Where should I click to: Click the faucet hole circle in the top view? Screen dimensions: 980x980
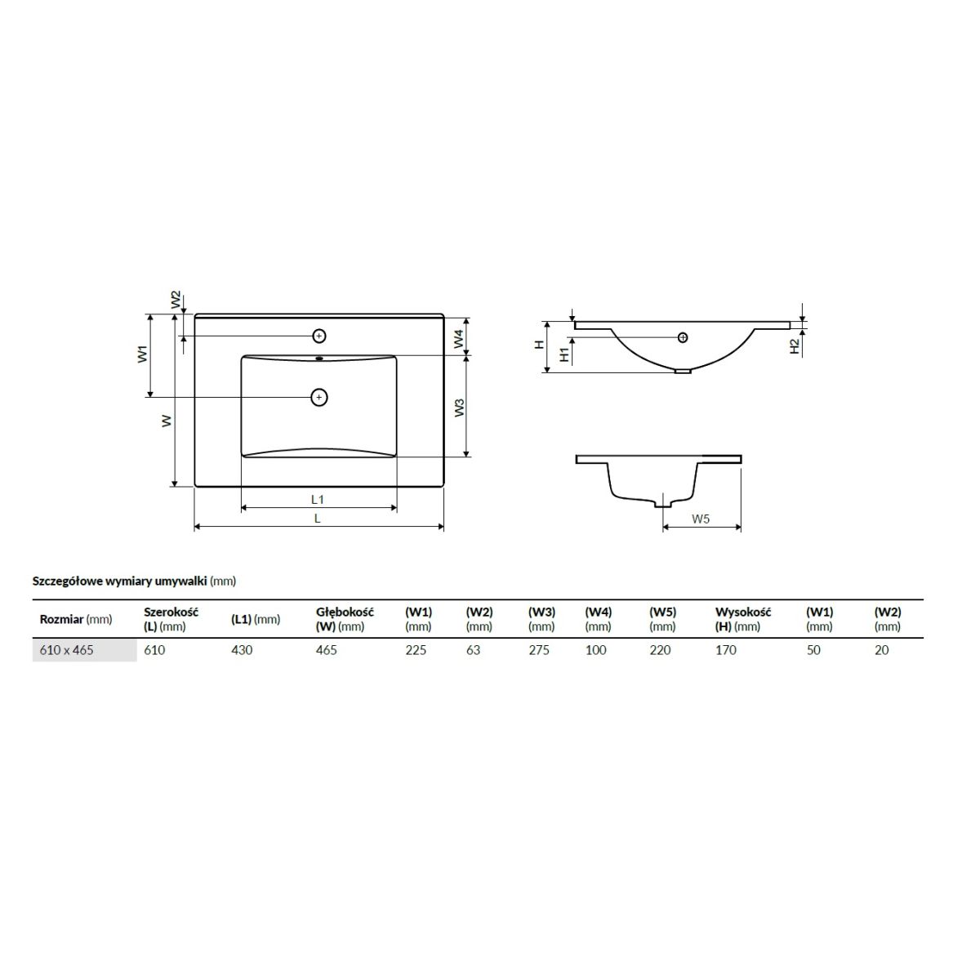coord(318,336)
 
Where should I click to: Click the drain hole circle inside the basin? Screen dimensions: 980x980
coord(318,397)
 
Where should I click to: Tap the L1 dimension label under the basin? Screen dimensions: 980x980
coord(318,500)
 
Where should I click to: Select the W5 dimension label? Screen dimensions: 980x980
coord(700,519)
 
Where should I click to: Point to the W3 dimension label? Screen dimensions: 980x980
coord(460,408)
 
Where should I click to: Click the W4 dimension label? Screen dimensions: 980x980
coord(459,339)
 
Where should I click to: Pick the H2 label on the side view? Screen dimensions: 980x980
coord(795,346)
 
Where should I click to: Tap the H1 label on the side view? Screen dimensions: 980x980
coord(564,354)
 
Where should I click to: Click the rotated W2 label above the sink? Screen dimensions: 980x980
coord(176,300)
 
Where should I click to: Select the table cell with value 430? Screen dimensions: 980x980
coord(242,650)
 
